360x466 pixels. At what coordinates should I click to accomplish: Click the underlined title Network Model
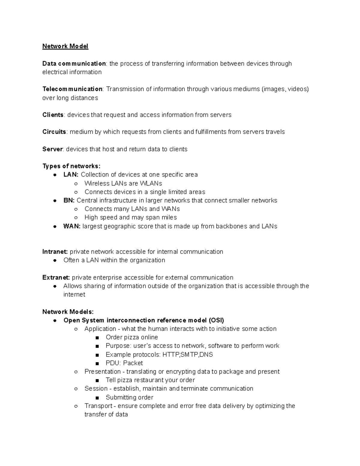65,46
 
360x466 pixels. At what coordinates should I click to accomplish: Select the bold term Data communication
74,64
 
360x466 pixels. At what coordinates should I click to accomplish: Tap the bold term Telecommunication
72,89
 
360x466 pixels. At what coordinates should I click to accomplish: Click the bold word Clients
53,115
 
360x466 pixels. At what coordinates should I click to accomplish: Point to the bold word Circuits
54,132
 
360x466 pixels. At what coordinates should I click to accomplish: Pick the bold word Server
52,149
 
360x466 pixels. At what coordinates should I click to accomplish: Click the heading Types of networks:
71,166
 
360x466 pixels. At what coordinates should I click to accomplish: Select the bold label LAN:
71,175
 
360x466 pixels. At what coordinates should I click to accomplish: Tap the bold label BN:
69,200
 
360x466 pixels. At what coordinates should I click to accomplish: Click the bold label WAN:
72,226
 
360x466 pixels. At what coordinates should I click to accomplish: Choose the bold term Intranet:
55,252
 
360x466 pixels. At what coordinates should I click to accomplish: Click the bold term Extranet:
56,278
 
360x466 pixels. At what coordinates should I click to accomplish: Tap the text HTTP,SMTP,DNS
187,355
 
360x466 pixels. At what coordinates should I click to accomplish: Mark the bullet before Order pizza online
97,338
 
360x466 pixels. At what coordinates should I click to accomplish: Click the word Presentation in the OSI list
102,372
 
